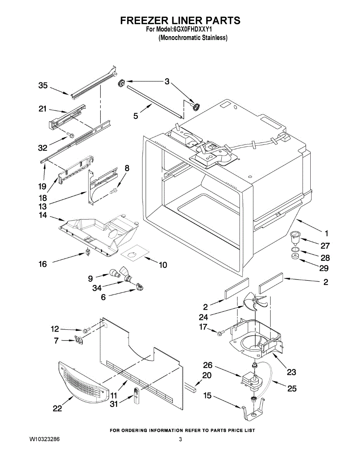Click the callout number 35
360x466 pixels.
pyautogui.click(x=43, y=86)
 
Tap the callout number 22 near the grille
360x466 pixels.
pyautogui.click(x=57, y=409)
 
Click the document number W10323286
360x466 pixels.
pyautogui.click(x=45, y=440)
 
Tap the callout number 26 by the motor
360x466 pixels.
pyautogui.click(x=208, y=365)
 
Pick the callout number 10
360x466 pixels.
pyautogui.click(x=163, y=265)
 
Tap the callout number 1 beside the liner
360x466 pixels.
pyautogui.click(x=326, y=233)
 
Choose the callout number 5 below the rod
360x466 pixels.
pyautogui.click(x=136, y=115)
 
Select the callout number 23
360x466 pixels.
pyautogui.click(x=291, y=372)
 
